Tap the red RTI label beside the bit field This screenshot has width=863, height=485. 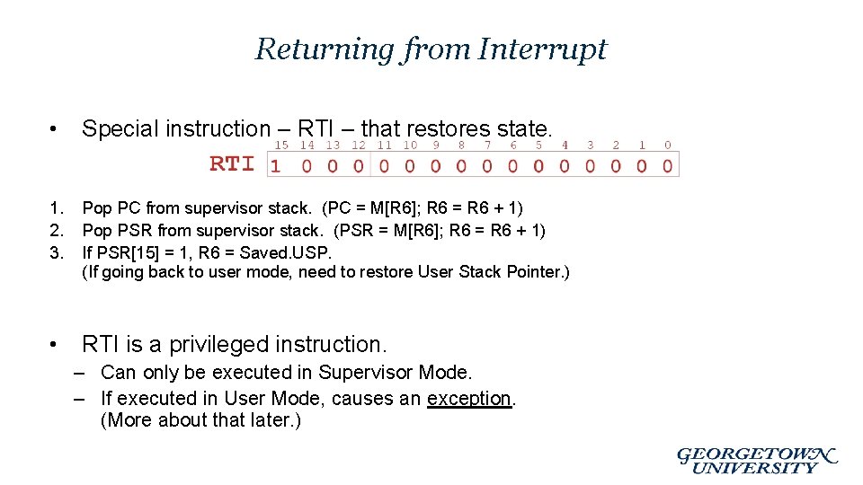[233, 163]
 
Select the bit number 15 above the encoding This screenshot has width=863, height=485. [281, 145]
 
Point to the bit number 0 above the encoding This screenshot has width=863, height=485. [667, 145]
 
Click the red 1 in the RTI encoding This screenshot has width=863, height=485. [276, 165]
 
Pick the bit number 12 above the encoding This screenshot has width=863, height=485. [359, 145]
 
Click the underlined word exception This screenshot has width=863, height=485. [469, 398]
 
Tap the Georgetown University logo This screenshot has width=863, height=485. [756, 460]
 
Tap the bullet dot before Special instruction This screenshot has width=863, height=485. [56, 129]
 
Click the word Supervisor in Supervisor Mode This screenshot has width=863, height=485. [366, 372]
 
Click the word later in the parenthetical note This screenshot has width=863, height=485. [266, 420]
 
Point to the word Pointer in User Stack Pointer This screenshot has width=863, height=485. [536, 272]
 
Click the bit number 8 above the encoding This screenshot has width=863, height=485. [462, 145]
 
